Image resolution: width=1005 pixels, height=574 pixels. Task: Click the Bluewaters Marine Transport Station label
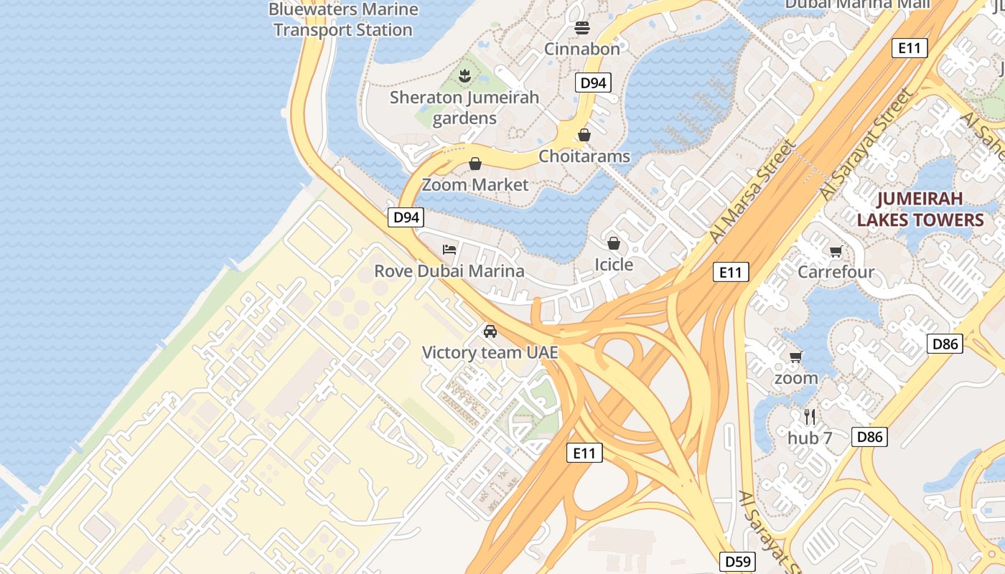[x=343, y=19]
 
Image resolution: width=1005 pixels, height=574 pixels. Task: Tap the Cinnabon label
[x=581, y=49]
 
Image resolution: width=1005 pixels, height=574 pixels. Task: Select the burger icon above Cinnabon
[x=581, y=28]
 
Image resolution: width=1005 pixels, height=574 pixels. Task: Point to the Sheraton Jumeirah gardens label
[x=464, y=108]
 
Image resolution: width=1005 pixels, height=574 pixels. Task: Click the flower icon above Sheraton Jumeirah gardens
[x=464, y=75]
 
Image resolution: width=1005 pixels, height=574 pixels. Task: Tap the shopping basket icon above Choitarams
[x=584, y=135]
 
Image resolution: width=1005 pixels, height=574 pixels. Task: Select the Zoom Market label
[x=475, y=184]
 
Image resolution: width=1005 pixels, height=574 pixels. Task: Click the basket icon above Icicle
[x=613, y=243]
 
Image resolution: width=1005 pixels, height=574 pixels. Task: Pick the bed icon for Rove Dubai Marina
[x=449, y=250]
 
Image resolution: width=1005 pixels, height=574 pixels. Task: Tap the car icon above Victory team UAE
[x=490, y=331]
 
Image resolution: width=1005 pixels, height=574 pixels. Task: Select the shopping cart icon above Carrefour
[x=836, y=251]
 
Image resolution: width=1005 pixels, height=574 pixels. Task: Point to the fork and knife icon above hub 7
[x=810, y=416]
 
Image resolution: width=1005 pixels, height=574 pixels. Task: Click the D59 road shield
[x=737, y=561]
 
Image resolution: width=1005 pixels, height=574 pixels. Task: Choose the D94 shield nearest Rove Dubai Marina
[x=406, y=217]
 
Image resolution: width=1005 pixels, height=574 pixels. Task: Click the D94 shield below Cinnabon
[x=593, y=83]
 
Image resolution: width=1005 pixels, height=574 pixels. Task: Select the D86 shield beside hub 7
[x=869, y=436]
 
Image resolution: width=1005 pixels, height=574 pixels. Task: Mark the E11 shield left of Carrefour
[x=731, y=272]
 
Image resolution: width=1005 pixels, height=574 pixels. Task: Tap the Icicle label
[x=614, y=265]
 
